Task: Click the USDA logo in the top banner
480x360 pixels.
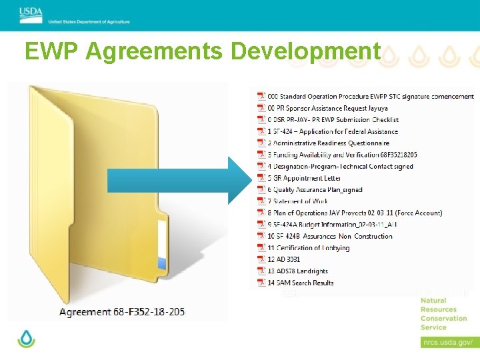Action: coord(31,11)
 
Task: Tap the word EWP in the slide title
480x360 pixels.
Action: coord(51,51)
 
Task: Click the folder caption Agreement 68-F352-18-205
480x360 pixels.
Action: coord(122,311)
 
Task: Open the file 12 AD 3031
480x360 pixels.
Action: coord(283,259)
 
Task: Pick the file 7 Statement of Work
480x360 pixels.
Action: coord(297,201)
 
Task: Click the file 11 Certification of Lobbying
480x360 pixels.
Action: coord(308,248)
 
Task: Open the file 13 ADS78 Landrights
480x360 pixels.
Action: coord(297,271)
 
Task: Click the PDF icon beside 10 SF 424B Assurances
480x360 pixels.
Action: coord(261,236)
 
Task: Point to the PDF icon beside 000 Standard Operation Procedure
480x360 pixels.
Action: coord(261,97)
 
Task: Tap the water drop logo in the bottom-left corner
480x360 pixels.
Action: coord(26,339)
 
